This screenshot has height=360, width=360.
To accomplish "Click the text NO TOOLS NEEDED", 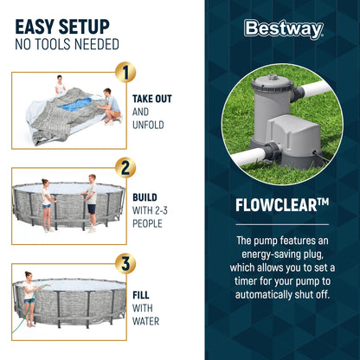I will [x=67, y=44].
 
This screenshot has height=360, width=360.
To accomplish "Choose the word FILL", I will [x=141, y=293].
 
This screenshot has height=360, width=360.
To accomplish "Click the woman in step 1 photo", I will [x=61, y=85].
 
